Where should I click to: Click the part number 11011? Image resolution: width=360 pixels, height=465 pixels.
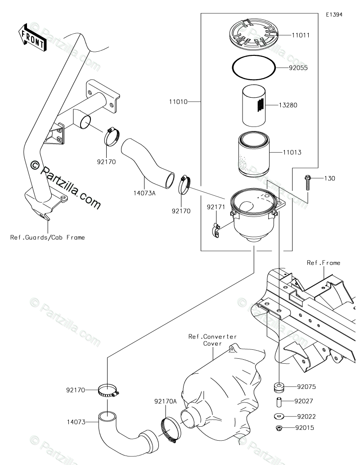(301, 35)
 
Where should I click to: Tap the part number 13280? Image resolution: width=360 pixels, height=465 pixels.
(288, 105)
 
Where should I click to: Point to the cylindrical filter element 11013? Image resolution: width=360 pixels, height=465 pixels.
(254, 153)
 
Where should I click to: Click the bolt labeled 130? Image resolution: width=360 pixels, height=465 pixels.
(307, 183)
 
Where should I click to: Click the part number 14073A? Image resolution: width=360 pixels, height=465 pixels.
(144, 194)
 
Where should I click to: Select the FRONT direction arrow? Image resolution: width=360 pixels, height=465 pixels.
(32, 38)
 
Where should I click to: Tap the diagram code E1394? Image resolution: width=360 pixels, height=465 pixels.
(334, 14)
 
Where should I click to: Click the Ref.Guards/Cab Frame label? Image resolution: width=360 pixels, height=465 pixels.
(47, 237)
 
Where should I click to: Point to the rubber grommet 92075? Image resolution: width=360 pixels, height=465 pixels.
(279, 387)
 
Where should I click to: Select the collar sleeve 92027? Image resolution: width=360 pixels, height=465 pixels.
(279, 402)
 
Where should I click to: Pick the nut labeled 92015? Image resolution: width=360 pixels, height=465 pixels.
(279, 428)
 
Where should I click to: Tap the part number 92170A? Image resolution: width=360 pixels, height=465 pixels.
(165, 402)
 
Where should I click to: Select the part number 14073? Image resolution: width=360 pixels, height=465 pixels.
(76, 422)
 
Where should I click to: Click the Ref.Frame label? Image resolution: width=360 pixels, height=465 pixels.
(324, 263)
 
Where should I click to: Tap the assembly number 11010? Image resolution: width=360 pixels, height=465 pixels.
(178, 102)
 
